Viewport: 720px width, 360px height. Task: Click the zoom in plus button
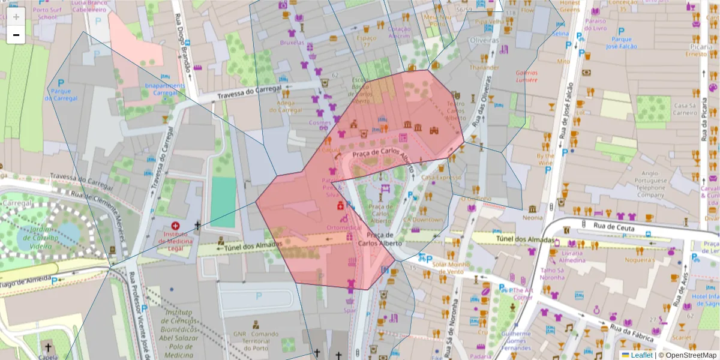pos(16,17)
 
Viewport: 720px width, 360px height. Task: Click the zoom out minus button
pos(16,35)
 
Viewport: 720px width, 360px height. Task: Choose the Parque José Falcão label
pos(620,43)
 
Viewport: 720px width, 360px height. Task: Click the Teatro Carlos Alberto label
pos(456,110)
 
